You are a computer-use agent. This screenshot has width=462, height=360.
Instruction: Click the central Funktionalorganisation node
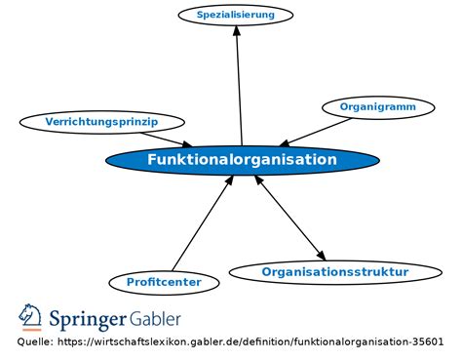(242, 160)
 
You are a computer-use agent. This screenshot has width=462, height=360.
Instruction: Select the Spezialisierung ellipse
(236, 15)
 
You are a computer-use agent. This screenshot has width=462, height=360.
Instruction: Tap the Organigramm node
(377, 106)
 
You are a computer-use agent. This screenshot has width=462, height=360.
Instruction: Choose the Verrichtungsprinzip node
(101, 122)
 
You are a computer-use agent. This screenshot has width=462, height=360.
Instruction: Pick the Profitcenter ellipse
(164, 282)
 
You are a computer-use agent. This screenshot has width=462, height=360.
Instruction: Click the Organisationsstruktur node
(334, 272)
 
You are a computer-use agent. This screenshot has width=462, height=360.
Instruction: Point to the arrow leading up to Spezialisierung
(240, 88)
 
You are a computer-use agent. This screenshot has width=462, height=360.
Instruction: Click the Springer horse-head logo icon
(30, 318)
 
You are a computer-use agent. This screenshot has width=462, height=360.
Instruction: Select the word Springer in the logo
(88, 320)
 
